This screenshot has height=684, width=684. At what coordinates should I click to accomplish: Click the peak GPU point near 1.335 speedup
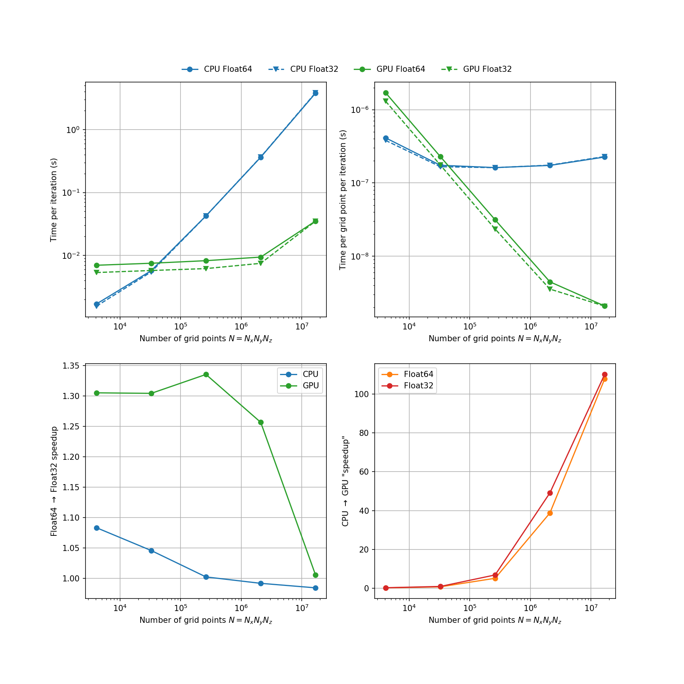[x=206, y=374]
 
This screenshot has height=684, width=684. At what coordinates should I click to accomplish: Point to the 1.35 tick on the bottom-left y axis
[x=71, y=366]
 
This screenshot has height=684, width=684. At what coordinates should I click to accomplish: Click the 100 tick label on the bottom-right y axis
[x=361, y=394]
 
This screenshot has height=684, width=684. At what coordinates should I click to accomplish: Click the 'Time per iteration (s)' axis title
[x=54, y=200]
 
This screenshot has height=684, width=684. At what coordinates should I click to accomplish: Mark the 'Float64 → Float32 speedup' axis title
[x=54, y=481]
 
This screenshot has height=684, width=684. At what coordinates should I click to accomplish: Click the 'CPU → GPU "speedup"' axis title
[x=345, y=481]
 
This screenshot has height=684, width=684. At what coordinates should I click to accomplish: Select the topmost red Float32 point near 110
[x=605, y=374]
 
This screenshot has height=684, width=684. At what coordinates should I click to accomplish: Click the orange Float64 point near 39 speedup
[x=550, y=513]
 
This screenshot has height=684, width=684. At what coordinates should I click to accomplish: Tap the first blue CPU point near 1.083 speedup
[x=97, y=528]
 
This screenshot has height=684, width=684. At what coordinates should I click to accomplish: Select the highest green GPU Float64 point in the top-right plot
[x=386, y=93]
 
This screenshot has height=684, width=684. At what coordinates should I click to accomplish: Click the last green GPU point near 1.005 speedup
[x=315, y=575]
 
